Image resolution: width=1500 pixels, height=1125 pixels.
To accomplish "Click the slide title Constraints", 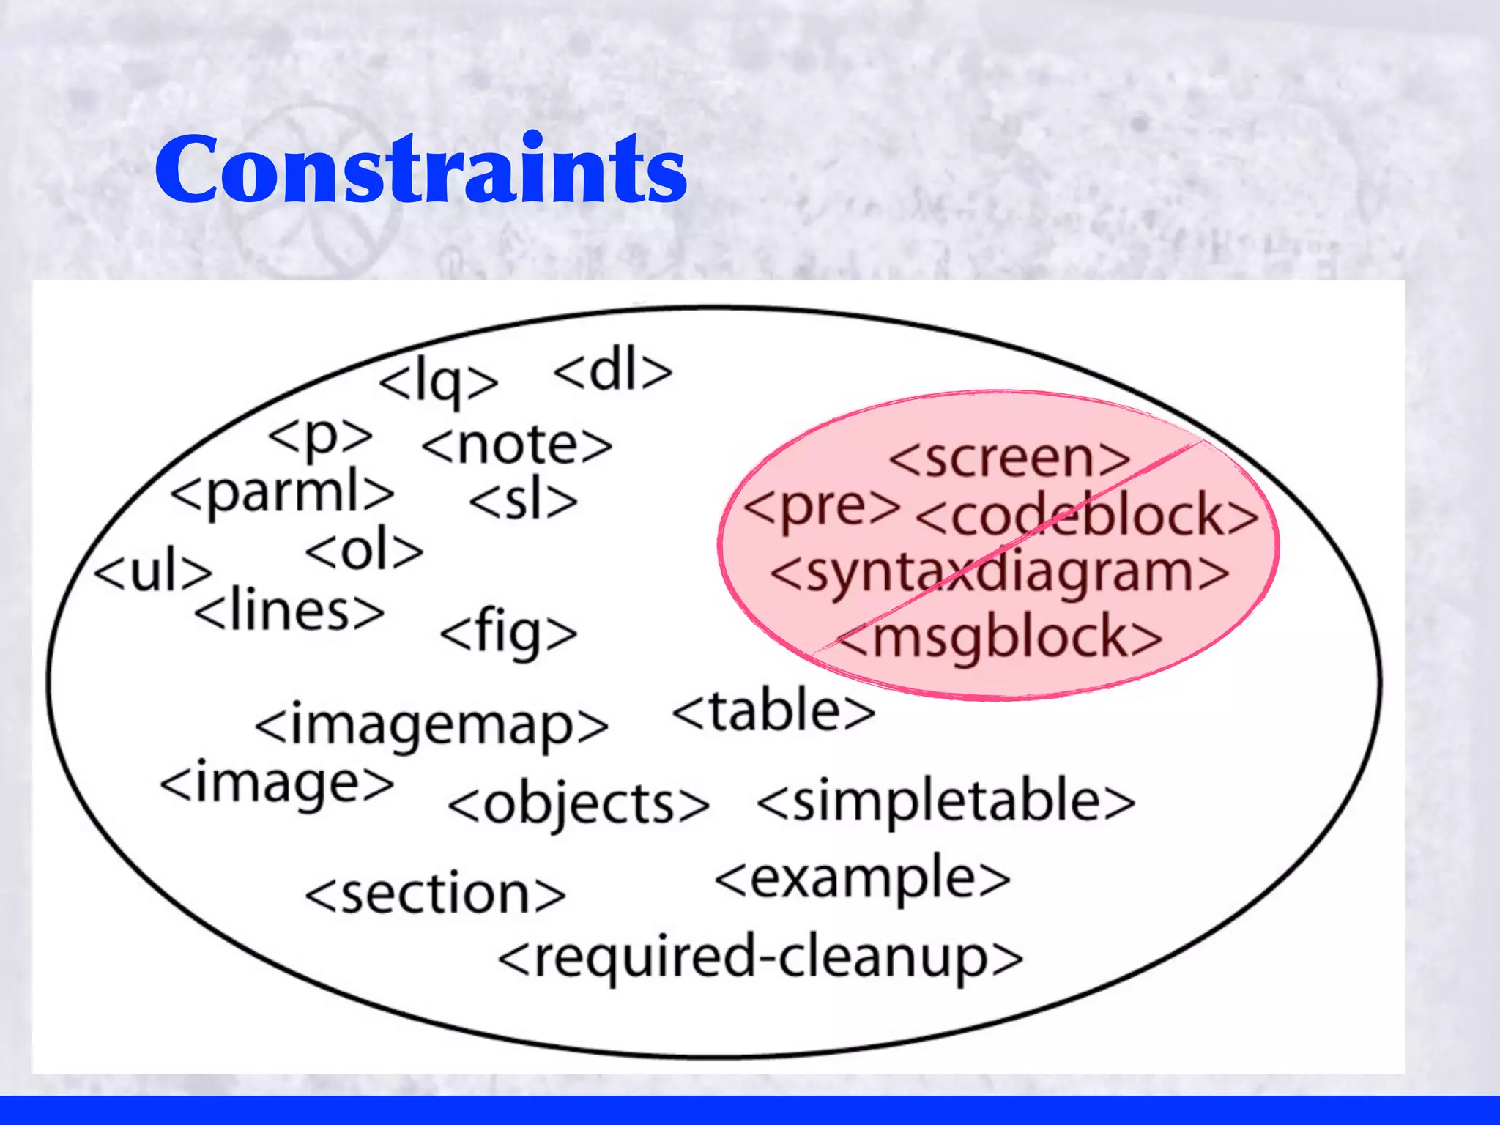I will [421, 170].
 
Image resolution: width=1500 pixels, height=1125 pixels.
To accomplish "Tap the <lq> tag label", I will [438, 381].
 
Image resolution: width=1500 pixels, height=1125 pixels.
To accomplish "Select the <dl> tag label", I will [612, 371].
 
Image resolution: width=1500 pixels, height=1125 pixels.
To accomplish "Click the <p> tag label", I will [321, 437].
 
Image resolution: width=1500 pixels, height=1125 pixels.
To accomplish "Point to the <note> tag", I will [517, 445].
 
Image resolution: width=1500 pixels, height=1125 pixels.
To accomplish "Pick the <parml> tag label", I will [283, 492].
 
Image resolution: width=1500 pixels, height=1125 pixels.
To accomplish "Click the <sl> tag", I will [524, 501].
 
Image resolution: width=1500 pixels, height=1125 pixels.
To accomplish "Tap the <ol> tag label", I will [364, 551].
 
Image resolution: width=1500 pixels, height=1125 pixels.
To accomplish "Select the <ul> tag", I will [153, 571].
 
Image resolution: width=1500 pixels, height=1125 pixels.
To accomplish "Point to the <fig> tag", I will [508, 634].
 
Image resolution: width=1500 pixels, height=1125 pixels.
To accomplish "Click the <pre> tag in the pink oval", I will [822, 507].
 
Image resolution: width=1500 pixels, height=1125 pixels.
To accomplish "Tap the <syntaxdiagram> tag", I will [1000, 573].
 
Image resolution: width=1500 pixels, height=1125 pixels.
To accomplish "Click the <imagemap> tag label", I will [431, 726].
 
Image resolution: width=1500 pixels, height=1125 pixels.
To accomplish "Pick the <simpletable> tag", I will [946, 801].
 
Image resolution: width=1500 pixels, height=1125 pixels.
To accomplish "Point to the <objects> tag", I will [579, 805].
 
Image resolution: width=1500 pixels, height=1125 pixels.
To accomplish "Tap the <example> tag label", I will [863, 880].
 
